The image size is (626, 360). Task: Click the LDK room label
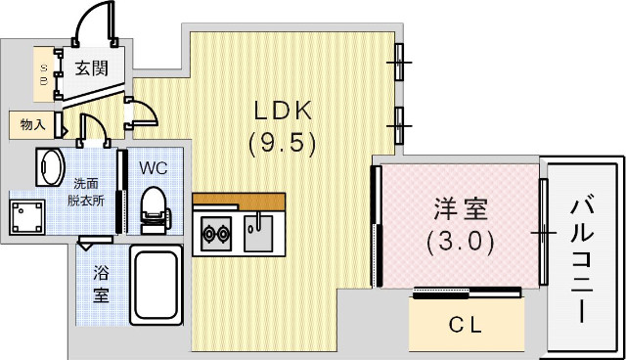click(x=282, y=109)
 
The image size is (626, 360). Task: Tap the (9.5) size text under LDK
click(x=282, y=145)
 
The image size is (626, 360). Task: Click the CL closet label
click(x=465, y=326)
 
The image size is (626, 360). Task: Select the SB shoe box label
click(x=44, y=72)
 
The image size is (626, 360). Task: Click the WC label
click(x=154, y=167)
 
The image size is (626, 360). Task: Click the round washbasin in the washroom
click(x=49, y=166)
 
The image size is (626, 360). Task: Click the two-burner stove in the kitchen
click(x=214, y=234)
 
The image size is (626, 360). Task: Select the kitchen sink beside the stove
click(x=258, y=233)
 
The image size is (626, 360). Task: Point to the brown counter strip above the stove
click(x=239, y=202)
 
